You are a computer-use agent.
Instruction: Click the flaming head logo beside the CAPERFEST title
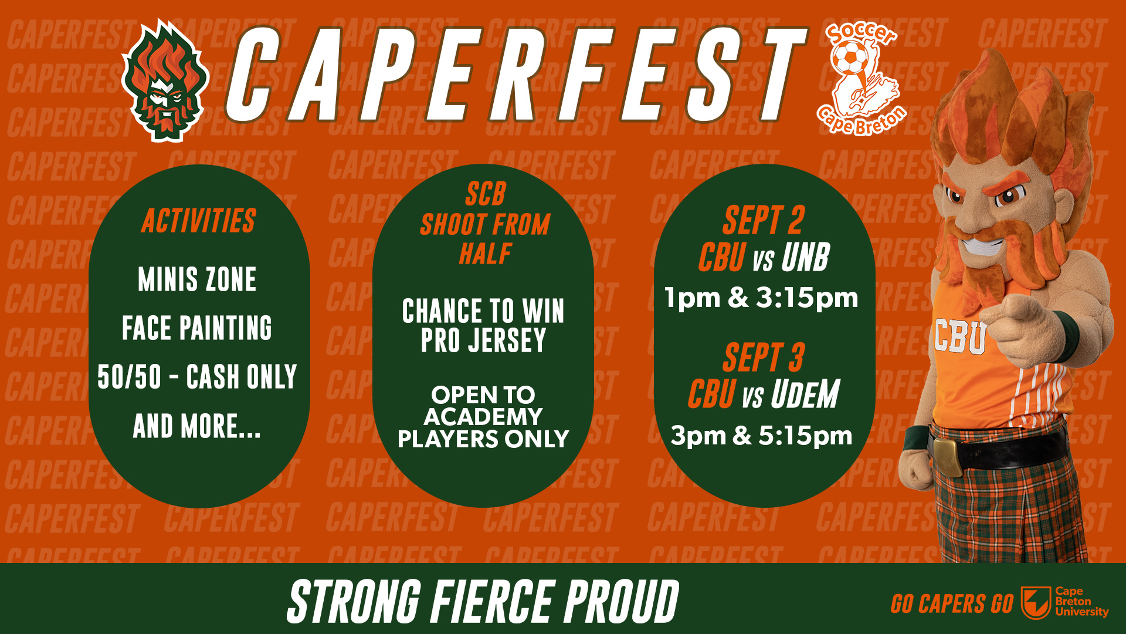tap(165, 82)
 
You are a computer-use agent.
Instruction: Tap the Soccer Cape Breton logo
tap(861, 79)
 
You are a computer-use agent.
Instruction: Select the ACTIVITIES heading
tap(199, 221)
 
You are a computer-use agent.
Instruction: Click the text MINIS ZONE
tap(197, 279)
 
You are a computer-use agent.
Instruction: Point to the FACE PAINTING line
tap(197, 328)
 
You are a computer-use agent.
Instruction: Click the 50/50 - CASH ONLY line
tap(197, 377)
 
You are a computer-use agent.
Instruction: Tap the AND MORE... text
tap(197, 426)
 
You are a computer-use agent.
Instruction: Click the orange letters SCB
tap(485, 194)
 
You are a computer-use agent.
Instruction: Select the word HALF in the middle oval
tap(485, 254)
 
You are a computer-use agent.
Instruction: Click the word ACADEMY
tap(483, 417)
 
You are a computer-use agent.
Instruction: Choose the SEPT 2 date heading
tap(764, 221)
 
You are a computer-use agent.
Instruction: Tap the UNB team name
tap(806, 258)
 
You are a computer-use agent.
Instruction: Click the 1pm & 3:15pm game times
tap(761, 298)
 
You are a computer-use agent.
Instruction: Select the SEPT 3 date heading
tap(764, 358)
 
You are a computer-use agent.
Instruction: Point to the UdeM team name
tap(805, 394)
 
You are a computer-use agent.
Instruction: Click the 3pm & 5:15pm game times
tap(761, 436)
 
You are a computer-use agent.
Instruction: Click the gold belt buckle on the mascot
tap(947, 456)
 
